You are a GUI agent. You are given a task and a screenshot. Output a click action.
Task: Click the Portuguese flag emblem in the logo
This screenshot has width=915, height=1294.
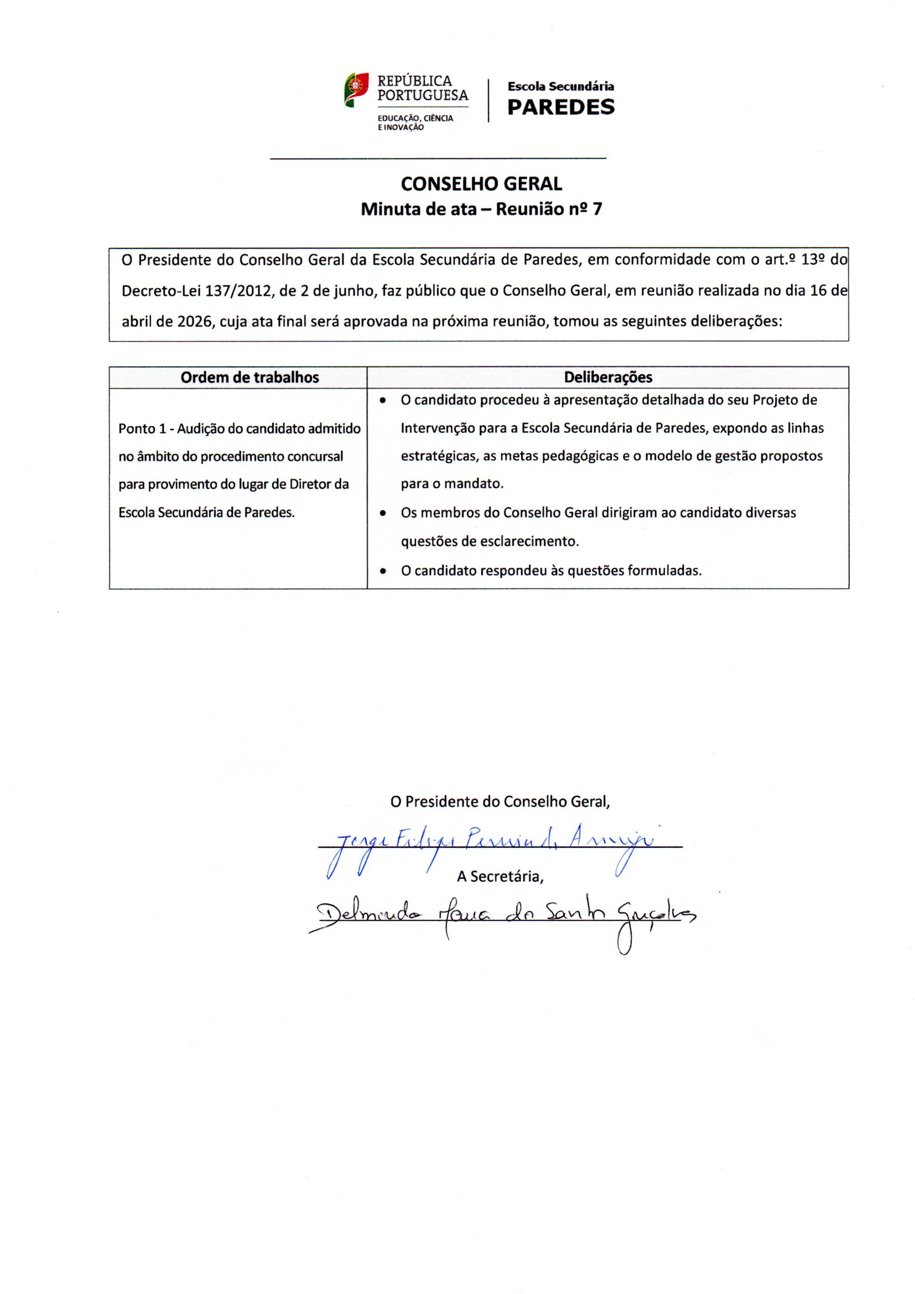click(356, 89)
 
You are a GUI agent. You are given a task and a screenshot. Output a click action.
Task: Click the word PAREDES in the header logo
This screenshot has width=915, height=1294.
click(560, 107)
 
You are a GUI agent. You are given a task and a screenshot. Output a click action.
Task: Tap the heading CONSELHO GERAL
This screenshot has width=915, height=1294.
click(481, 184)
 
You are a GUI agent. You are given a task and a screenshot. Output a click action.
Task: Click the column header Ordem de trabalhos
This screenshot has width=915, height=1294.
click(249, 377)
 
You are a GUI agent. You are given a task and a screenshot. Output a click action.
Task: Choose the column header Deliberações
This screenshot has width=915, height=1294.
click(608, 377)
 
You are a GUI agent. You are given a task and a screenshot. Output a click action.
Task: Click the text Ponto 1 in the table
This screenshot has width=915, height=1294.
click(143, 429)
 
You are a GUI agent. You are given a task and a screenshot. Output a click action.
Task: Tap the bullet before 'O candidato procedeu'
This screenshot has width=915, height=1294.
click(383, 401)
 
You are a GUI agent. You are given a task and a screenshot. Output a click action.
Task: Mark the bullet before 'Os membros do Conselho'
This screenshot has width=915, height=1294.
click(383, 514)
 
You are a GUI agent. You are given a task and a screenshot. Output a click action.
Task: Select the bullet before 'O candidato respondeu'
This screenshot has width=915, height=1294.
click(383, 571)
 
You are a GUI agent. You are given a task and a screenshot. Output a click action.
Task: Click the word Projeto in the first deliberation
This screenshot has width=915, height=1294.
click(792, 400)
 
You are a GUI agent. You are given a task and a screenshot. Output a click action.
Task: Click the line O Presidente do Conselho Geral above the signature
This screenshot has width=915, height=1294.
click(500, 801)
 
